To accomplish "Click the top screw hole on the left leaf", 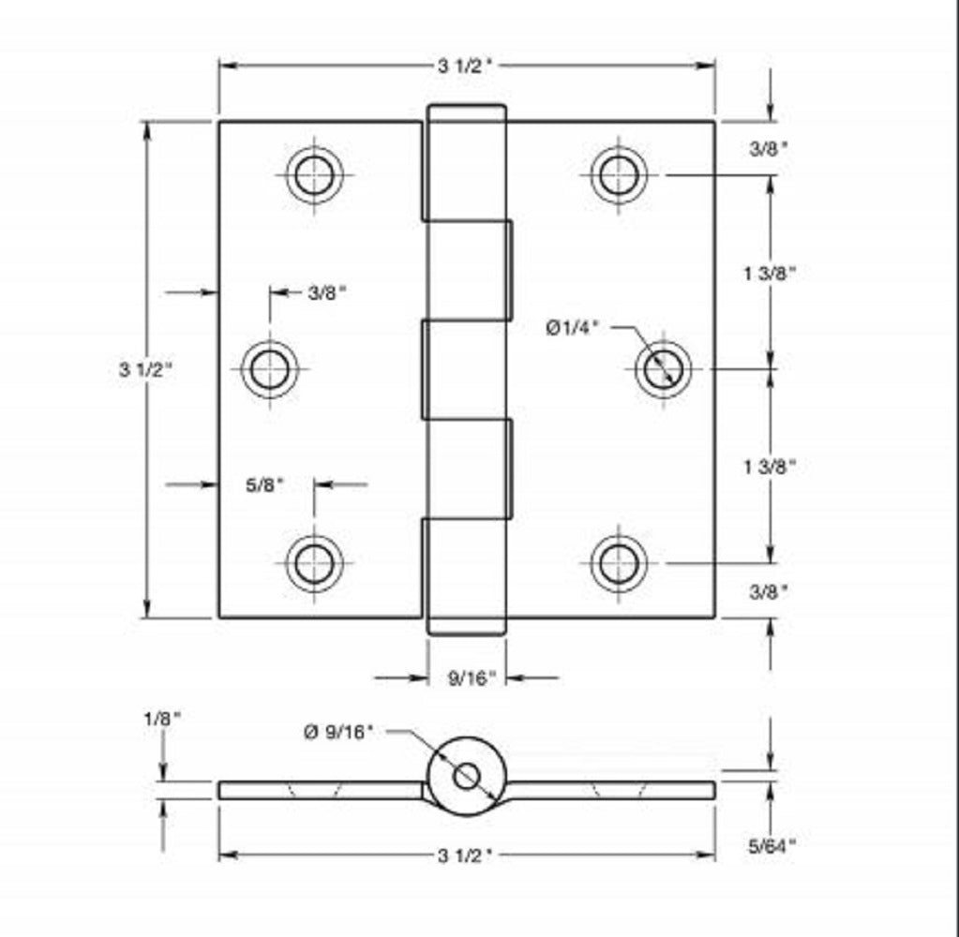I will [314, 174].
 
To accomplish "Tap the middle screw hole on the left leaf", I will [270, 368].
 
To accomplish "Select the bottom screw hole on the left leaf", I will [314, 563].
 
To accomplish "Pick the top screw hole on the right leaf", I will [619, 174].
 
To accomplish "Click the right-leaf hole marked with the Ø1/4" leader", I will [663, 368].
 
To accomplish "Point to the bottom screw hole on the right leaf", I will [619, 563].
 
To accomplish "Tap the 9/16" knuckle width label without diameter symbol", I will [471, 678].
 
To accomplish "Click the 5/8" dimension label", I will [264, 485].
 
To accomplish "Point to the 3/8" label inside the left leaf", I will [327, 292].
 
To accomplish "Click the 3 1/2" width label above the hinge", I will [465, 66].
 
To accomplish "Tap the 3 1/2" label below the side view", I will [465, 855].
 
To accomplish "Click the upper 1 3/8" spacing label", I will [770, 273].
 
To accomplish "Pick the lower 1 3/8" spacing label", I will [770, 466].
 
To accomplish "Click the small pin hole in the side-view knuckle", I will [466, 776].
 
